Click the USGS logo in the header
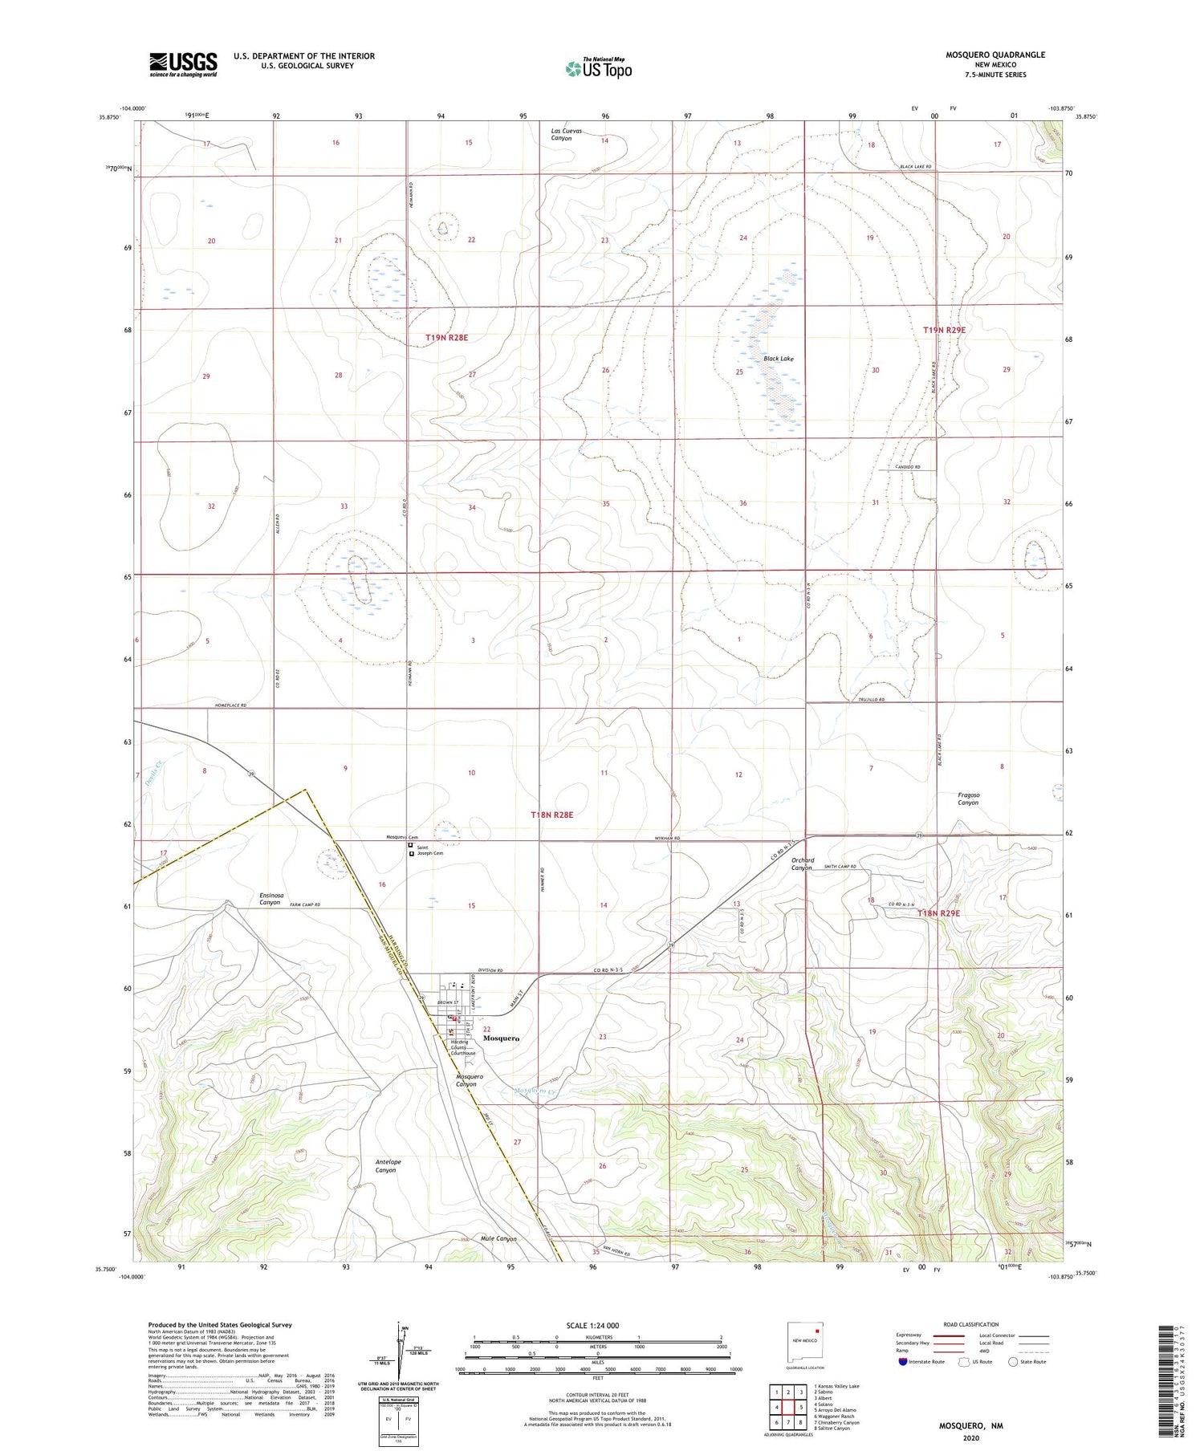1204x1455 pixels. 183,64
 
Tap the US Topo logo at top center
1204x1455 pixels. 598,68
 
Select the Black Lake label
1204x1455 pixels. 778,359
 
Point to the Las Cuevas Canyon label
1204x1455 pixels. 566,134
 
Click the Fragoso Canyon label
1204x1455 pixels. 968,799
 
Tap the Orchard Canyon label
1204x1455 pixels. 802,864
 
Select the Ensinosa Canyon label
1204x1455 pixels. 270,898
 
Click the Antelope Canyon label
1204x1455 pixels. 388,1165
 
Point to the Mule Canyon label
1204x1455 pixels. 498,1238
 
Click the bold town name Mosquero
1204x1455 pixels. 501,1038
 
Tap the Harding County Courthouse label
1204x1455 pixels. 462,1047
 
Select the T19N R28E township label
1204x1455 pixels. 446,338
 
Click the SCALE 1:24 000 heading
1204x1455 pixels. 592,1325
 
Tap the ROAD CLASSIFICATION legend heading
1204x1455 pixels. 971,1324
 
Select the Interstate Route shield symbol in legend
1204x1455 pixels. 903,1361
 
